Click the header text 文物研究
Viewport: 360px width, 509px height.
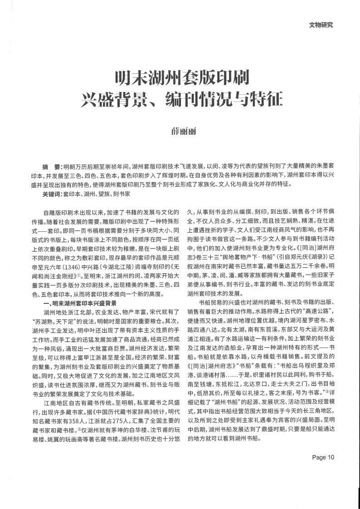point(321,25)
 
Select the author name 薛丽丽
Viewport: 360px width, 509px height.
point(180,131)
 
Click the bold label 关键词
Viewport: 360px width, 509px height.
point(52,193)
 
